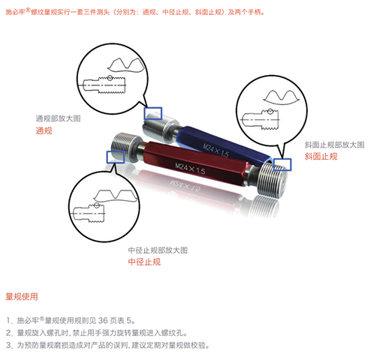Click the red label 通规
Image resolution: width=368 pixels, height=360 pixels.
(x=44, y=130)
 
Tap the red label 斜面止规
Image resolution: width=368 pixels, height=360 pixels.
(x=321, y=157)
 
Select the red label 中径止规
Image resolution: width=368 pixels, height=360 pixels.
(x=144, y=262)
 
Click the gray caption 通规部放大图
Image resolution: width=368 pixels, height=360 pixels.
(x=58, y=118)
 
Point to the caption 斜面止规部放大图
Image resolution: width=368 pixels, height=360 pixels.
(x=334, y=145)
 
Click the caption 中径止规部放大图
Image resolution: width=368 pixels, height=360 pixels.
(x=158, y=250)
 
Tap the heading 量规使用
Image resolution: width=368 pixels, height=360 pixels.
(x=22, y=297)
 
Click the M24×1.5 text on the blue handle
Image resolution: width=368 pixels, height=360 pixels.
(x=216, y=150)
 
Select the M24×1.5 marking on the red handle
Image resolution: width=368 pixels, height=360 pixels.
(x=190, y=169)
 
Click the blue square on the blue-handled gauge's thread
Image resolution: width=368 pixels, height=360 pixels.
(x=153, y=113)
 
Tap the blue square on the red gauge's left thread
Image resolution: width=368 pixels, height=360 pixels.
(x=116, y=157)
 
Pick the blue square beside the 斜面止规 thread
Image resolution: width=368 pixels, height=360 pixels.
(x=282, y=164)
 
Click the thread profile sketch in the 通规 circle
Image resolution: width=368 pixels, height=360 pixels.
(x=126, y=65)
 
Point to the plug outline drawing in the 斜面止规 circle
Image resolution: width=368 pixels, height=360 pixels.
(x=260, y=119)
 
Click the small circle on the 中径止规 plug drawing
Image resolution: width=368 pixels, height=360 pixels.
(x=97, y=205)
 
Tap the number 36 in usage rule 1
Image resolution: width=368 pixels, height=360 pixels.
(x=103, y=320)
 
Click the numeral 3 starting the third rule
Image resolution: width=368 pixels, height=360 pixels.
(x=9, y=345)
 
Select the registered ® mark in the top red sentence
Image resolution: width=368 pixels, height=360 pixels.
(x=28, y=10)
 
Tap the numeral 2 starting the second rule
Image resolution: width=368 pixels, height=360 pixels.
(x=9, y=333)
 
